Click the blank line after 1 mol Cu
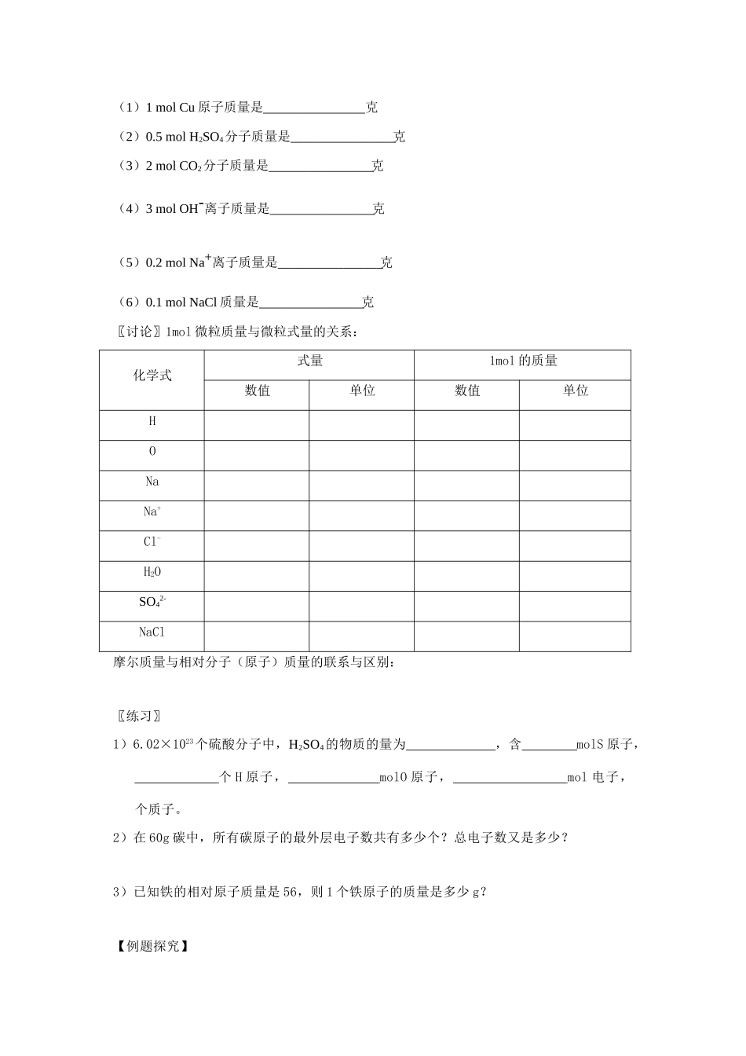[314, 108]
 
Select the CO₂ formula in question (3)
[191, 167]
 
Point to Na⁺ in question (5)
[200, 262]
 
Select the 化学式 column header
[152, 376]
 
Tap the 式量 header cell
[309, 361]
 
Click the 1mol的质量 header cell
[522, 361]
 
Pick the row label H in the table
[152, 421]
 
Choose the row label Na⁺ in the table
[152, 511]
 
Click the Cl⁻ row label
[152, 542]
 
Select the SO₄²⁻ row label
[152, 603]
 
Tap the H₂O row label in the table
[152, 572]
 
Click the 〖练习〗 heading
[139, 716]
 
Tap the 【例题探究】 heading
[152, 946]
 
